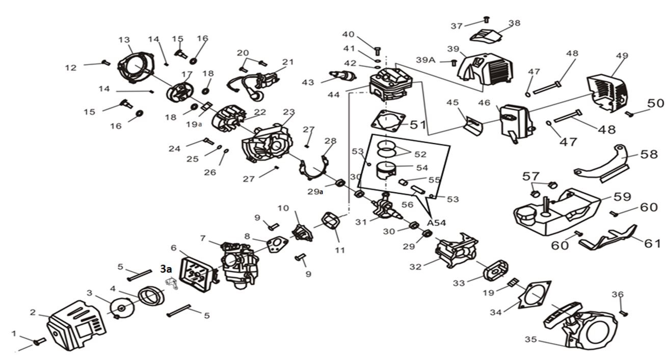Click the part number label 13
click(124, 40)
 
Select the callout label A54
click(437, 223)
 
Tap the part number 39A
click(425, 60)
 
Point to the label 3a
click(166, 269)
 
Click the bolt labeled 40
click(378, 50)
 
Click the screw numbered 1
click(39, 341)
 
